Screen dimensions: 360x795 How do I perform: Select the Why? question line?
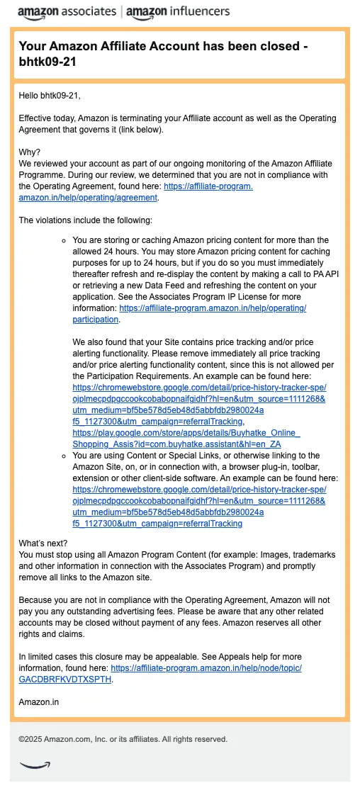coord(30,152)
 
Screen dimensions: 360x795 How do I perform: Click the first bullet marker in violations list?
coord(64,240)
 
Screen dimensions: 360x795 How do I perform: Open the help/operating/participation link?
coord(213,309)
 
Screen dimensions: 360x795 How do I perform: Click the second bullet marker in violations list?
coord(64,456)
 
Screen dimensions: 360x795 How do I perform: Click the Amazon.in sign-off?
coord(39,702)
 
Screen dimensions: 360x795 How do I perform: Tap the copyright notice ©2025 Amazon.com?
coord(123,739)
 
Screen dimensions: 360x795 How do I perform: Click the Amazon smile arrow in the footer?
coord(35,764)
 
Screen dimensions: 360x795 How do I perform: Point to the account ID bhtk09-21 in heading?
coord(48,62)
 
